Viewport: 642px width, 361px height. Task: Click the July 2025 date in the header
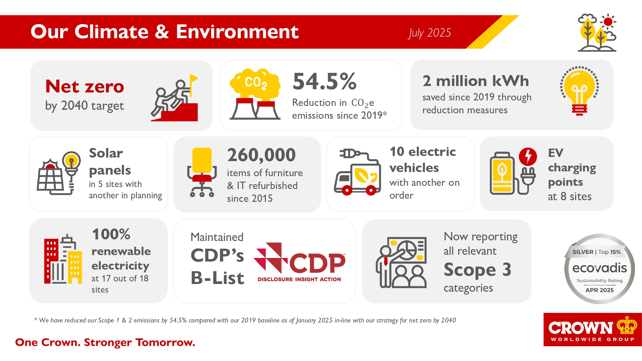coord(430,33)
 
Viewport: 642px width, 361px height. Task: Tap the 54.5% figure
coord(325,81)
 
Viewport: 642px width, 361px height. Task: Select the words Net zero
coord(85,86)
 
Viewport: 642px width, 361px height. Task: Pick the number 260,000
coord(261,155)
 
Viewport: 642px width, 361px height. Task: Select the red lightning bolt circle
coord(528,157)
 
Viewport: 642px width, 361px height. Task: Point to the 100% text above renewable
coord(111,234)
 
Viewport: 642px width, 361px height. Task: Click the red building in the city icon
coord(51,261)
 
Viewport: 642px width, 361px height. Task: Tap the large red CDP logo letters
coord(317,263)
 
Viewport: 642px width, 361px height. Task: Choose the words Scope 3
coord(477,270)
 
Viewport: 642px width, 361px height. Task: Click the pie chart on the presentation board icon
coord(407,250)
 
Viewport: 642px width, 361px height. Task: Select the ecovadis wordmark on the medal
coord(599,268)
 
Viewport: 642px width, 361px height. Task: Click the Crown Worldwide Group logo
coord(593,330)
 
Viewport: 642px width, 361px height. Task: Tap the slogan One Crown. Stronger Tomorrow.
coord(105,342)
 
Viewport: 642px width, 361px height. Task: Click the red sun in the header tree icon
coord(608,22)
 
